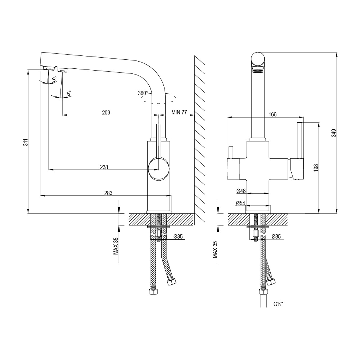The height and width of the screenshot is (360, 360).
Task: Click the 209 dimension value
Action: click(x=106, y=112)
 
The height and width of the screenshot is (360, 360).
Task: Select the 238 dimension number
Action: click(x=104, y=167)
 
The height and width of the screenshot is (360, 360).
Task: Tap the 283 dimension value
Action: click(x=108, y=193)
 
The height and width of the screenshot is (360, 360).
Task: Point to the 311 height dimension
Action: click(x=26, y=142)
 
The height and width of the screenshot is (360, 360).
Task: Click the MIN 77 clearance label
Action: click(x=179, y=112)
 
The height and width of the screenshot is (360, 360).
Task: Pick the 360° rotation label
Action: click(x=143, y=93)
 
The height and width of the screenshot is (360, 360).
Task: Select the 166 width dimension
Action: click(x=273, y=114)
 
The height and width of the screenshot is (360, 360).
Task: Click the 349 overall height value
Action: click(x=334, y=133)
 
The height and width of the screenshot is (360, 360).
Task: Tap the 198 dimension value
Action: click(x=316, y=168)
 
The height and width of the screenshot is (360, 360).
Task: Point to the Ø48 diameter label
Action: click(x=241, y=191)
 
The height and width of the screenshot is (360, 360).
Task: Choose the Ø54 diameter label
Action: click(x=240, y=203)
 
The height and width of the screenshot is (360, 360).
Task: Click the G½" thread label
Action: click(x=278, y=304)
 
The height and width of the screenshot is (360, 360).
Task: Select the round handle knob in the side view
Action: click(x=159, y=169)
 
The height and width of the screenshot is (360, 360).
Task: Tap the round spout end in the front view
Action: click(x=258, y=59)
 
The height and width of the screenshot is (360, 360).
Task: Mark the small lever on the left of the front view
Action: click(x=231, y=152)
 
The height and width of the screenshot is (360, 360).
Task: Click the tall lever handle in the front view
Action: click(x=300, y=140)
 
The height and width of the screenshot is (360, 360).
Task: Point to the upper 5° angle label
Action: click(x=54, y=80)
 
